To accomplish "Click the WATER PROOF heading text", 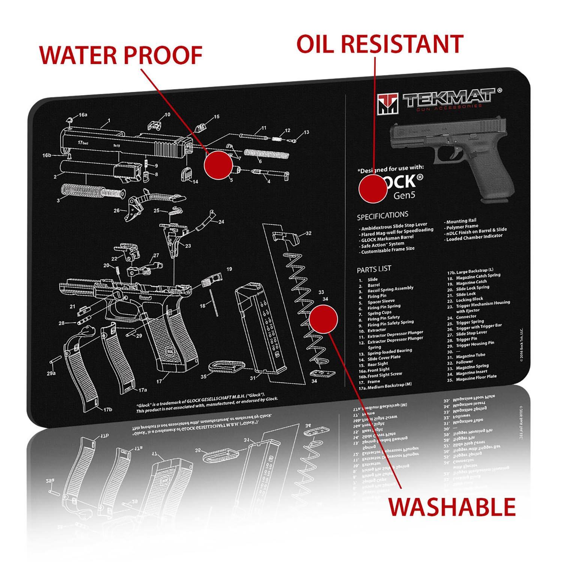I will click(121, 55).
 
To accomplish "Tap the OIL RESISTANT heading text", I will click(380, 44).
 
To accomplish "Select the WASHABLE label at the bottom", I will click(452, 507).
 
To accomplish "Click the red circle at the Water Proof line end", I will click(218, 165).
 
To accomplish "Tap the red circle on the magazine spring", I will click(324, 319).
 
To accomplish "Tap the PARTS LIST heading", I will click(374, 269).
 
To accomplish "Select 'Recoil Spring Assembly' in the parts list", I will click(390, 289).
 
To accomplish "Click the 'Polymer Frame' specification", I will click(462, 227).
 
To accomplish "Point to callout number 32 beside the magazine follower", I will click(308, 233).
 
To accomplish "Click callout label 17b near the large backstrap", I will click(108, 410).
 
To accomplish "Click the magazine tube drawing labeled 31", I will click(259, 330).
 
